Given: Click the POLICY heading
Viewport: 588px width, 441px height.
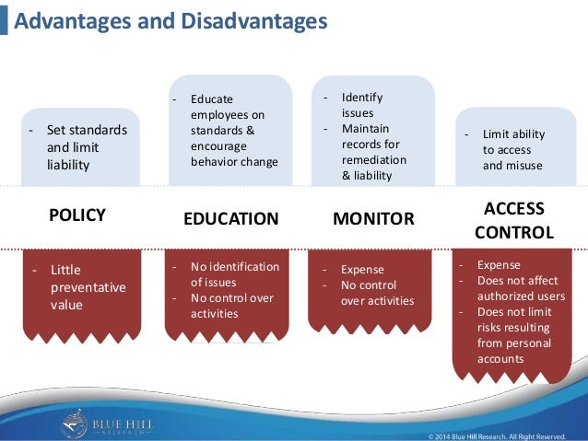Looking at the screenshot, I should (x=77, y=215).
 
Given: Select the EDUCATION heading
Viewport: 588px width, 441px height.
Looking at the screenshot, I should (x=231, y=218).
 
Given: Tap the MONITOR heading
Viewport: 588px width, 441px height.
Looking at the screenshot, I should (x=373, y=218).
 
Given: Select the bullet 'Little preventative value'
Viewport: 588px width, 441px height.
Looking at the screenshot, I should (x=88, y=287).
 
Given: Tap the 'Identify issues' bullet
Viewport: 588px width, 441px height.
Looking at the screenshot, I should (x=361, y=105).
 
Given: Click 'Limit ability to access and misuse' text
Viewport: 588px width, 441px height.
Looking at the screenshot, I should (x=512, y=150).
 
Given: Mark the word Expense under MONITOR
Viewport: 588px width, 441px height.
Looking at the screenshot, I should (x=362, y=270).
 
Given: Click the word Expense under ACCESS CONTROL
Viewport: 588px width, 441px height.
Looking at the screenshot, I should (x=499, y=265).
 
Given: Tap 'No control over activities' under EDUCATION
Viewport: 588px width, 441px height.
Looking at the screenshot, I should (x=231, y=306).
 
